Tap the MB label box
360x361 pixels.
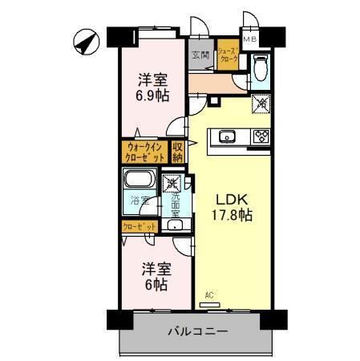click(x=250, y=38)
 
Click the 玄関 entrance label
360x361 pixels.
click(x=200, y=55)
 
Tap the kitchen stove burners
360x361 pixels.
click(x=260, y=136)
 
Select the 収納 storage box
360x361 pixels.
click(x=178, y=152)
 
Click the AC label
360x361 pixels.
click(x=208, y=295)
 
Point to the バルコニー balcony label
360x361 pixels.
click(x=198, y=331)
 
